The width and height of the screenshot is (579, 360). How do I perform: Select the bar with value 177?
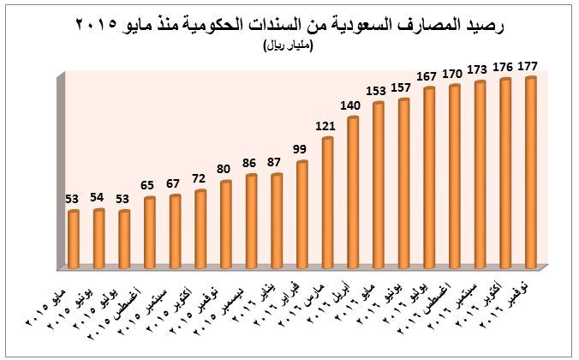(x=530, y=171)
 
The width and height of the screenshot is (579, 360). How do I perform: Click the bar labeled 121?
(x=327, y=202)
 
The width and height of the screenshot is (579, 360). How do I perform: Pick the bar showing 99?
(x=301, y=214)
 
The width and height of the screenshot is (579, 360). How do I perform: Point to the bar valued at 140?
(x=352, y=192)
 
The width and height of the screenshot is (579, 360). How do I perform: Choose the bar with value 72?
(x=200, y=229)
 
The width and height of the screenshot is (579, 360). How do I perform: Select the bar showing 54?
(x=98, y=238)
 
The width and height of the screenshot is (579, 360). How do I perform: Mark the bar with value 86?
(x=251, y=221)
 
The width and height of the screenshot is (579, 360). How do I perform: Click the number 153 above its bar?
(x=378, y=91)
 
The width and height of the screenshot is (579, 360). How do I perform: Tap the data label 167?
(x=428, y=75)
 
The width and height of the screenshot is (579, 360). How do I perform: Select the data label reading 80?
(x=225, y=170)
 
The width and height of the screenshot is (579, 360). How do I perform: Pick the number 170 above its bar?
(x=454, y=73)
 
